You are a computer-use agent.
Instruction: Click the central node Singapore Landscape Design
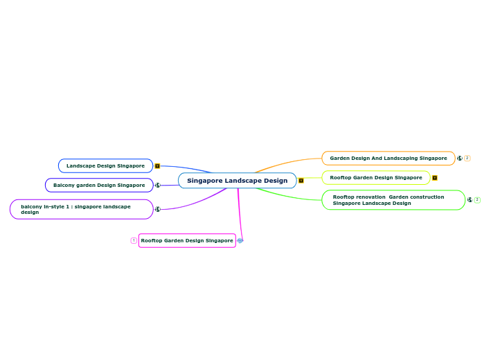coord(237,181)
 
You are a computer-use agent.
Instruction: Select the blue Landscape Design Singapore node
coord(105,166)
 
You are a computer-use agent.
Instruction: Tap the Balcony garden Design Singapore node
coord(99,186)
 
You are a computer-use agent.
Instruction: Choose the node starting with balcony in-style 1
coord(81,209)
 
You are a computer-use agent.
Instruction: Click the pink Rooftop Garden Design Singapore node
coord(187,240)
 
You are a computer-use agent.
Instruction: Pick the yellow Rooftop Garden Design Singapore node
coord(375,178)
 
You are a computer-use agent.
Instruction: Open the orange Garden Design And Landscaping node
coord(388,159)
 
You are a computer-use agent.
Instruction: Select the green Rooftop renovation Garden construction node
coord(393,200)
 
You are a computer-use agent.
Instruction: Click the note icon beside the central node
coord(301,181)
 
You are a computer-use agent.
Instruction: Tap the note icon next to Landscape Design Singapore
coord(157,166)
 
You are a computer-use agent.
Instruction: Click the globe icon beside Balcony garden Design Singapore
coord(157,186)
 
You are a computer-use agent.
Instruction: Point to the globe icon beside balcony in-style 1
coord(157,209)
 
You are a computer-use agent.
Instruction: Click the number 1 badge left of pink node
coord(134,240)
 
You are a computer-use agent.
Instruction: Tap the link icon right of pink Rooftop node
coord(240,240)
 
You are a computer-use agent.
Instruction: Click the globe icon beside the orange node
coord(460,159)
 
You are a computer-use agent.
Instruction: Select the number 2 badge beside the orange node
coord(467,159)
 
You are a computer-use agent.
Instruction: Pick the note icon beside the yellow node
coord(434,178)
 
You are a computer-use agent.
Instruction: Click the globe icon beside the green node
coord(470,200)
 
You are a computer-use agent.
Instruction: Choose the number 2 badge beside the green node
coord(477,200)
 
